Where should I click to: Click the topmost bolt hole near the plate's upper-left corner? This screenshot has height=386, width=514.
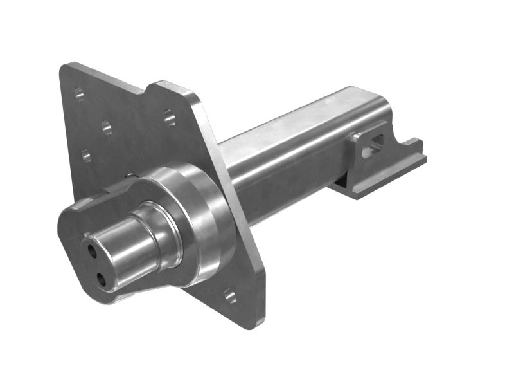click(x=78, y=95)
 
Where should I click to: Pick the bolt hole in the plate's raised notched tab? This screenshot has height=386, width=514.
click(x=168, y=117)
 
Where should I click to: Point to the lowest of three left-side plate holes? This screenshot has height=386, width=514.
click(x=85, y=155)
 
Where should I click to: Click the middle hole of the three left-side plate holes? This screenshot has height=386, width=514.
click(x=107, y=127)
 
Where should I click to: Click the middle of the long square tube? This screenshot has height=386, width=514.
click(x=289, y=148)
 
